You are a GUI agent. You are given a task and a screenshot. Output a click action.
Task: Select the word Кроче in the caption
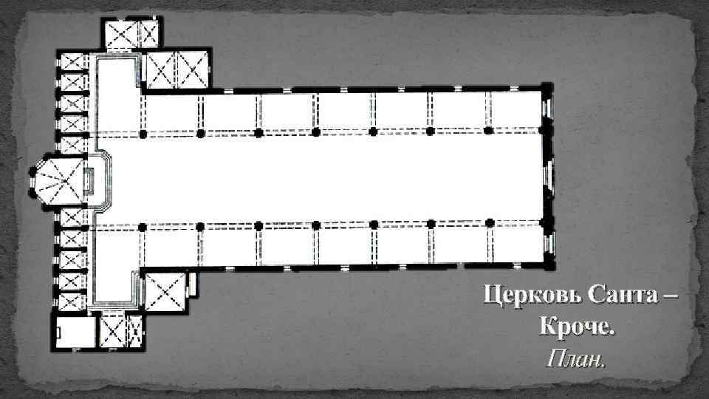tap(576, 327)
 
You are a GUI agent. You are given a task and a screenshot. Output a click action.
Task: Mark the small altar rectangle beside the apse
tap(89, 180)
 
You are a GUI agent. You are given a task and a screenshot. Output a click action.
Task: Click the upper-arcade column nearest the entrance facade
tap(488, 132)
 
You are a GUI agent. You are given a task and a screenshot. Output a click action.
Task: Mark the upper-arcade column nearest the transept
tap(143, 134)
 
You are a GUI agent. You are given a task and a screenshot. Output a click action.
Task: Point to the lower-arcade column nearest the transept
tap(143, 225)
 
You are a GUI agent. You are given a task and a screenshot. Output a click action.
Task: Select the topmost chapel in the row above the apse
tap(73, 62)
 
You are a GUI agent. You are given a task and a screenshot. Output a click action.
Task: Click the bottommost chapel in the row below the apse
tap(73, 301)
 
